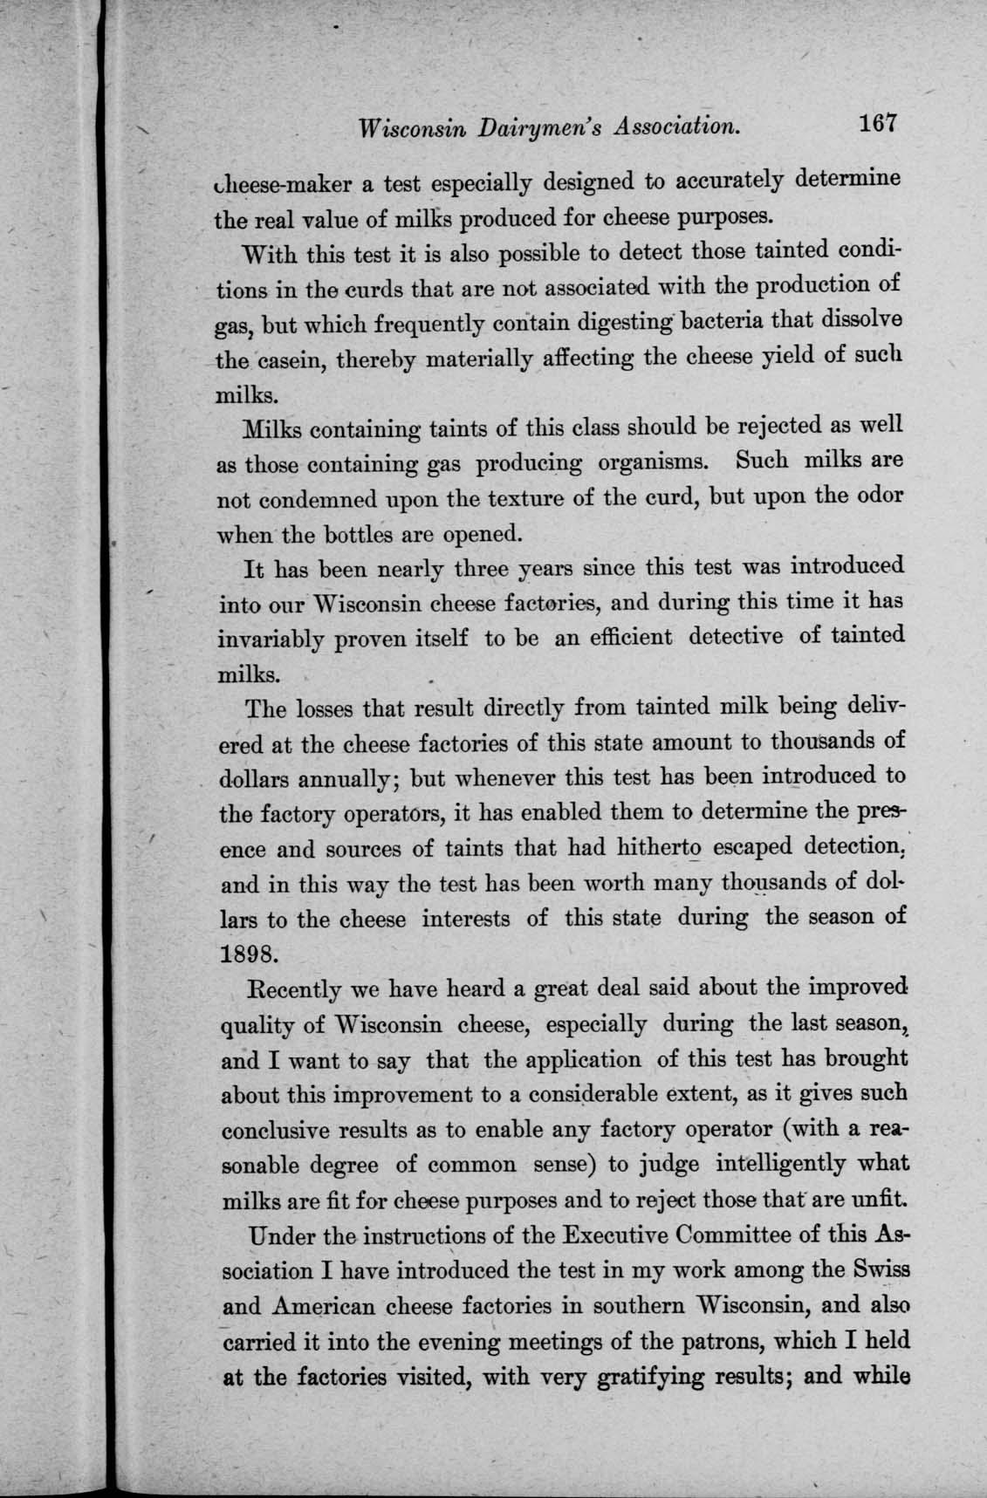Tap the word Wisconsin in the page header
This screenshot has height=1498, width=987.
411,127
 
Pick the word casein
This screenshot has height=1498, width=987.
279,359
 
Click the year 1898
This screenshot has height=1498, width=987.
248,953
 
